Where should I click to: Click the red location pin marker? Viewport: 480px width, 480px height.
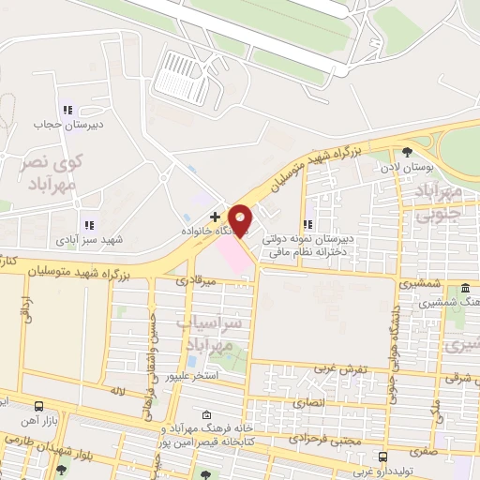pyautogui.click(x=240, y=220)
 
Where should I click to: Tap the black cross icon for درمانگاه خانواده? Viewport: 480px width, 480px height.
pyautogui.click(x=216, y=216)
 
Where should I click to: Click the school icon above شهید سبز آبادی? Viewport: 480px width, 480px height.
pyautogui.click(x=89, y=225)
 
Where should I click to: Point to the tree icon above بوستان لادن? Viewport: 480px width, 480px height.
pyautogui.click(x=407, y=152)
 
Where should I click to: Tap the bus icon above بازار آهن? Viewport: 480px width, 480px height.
pyautogui.click(x=39, y=407)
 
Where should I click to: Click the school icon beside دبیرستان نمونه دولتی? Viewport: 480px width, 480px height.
pyautogui.click(x=308, y=224)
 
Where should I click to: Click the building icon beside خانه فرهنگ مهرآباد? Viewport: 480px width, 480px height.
pyautogui.click(x=206, y=413)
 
